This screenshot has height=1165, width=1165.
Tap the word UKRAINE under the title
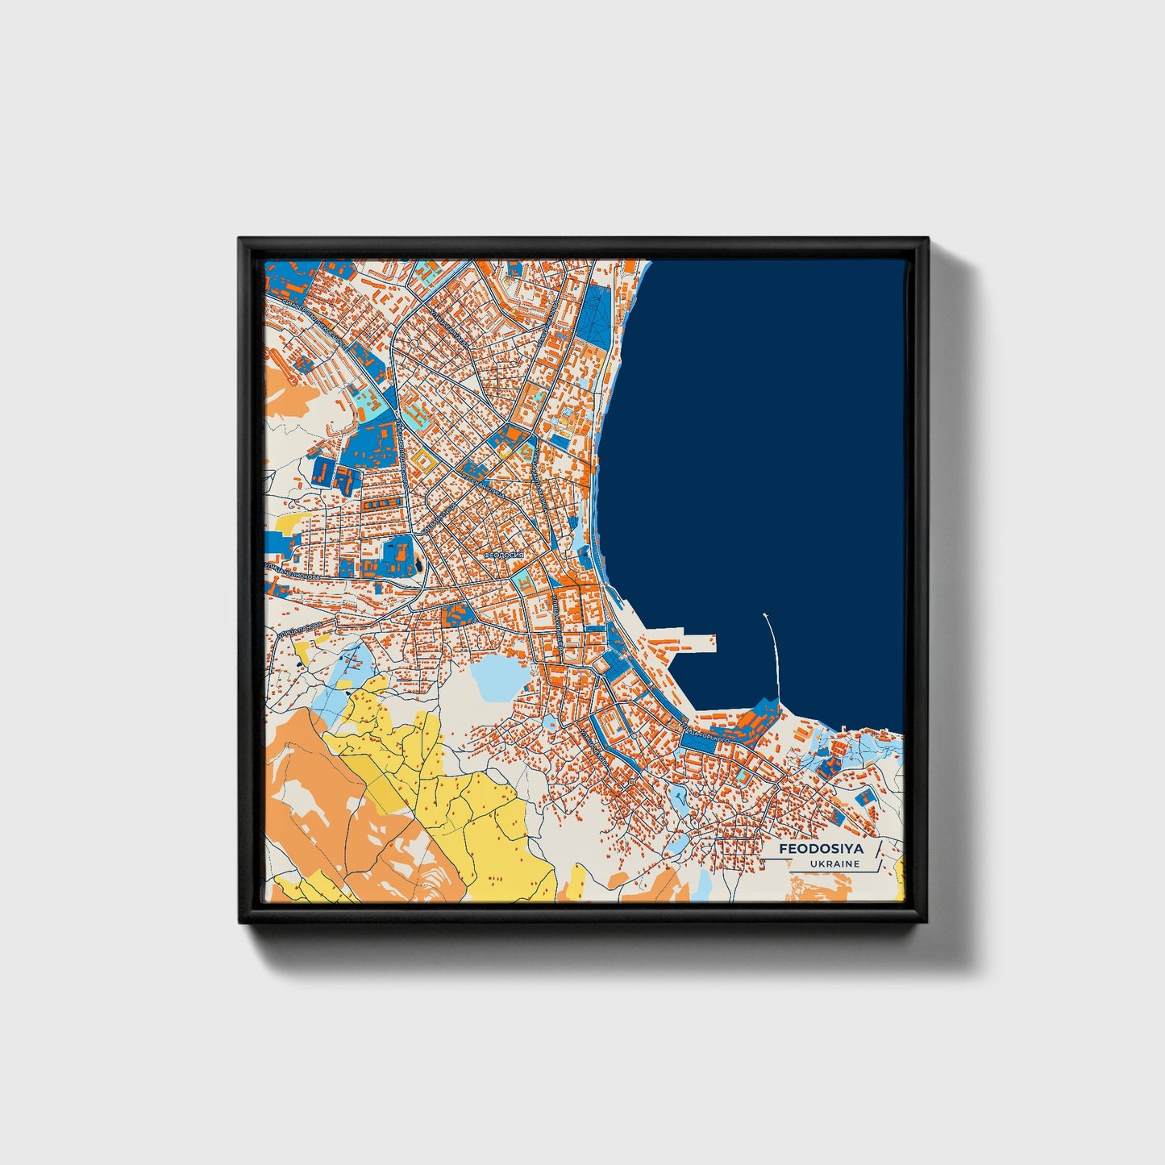pos(837,863)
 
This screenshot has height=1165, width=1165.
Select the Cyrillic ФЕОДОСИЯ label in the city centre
pos(504,555)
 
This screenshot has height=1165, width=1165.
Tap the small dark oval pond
pos(421,566)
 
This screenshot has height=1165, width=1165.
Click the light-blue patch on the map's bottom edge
pos(705,884)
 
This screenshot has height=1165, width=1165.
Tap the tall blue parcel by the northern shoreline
pos(596,314)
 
